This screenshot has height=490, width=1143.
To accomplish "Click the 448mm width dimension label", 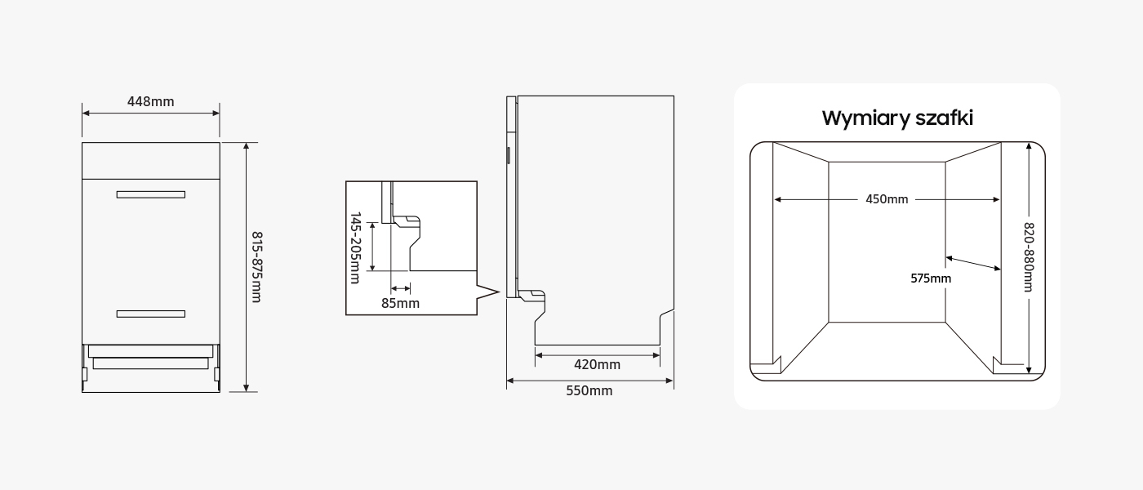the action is point(150,101).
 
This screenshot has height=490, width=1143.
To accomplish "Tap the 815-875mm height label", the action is point(256,267).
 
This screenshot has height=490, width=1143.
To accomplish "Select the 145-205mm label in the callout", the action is point(355,247).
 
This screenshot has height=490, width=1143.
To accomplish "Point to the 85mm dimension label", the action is point(400,303).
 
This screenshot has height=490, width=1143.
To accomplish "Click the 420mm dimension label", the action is point(597,364).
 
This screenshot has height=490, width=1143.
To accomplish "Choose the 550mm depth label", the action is point(589,390).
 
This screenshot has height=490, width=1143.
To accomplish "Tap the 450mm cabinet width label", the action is point(887,199).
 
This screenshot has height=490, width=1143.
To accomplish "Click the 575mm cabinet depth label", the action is point(931,278).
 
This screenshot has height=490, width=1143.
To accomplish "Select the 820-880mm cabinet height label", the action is point(1029,257).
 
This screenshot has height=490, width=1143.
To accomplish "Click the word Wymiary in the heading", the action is point(866,118).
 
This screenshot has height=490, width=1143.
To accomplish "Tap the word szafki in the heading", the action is point(945,118).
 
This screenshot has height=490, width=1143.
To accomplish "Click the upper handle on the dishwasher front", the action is point(150,194).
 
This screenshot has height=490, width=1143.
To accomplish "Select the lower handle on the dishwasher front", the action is point(150,314).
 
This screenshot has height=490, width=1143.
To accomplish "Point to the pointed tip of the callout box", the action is point(498,292).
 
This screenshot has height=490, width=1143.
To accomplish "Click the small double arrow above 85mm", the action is point(401,289).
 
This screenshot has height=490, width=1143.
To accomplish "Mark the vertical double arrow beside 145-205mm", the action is point(372,247).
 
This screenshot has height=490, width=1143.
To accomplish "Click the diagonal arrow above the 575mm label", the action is point(973,263).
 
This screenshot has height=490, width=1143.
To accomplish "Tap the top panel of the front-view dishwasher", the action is point(150,161).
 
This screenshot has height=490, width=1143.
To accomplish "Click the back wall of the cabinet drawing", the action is point(887,242).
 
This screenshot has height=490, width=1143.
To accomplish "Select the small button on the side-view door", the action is point(508,155).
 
